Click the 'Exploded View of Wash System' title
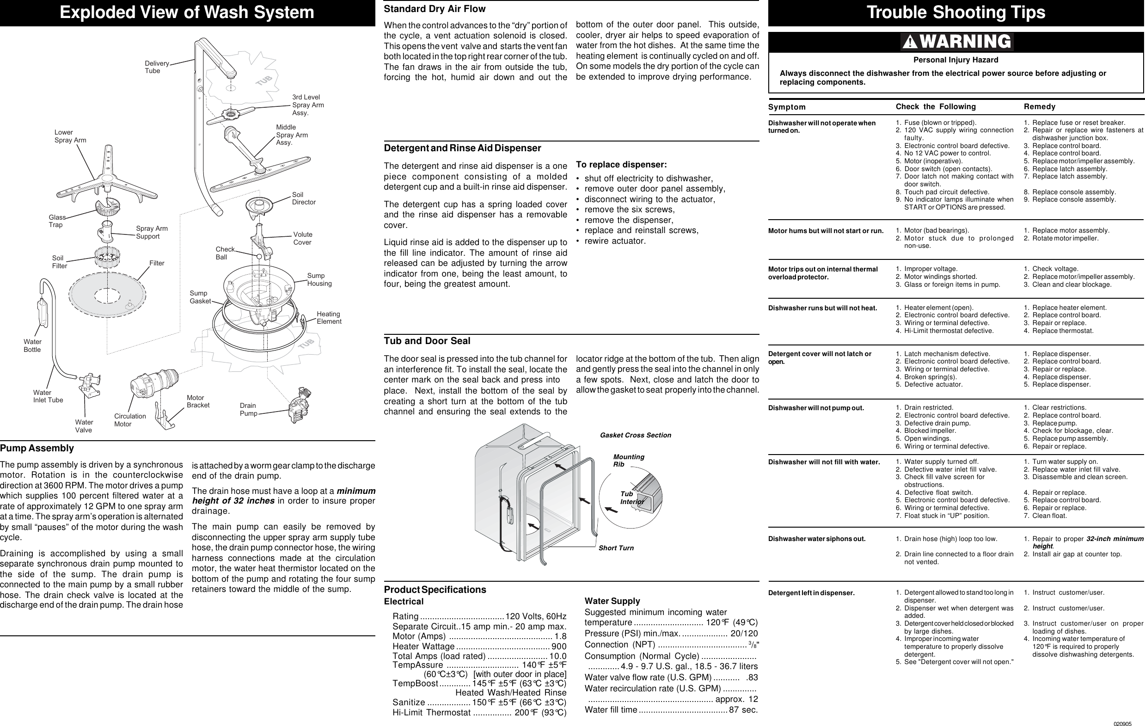186,12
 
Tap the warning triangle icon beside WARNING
910,43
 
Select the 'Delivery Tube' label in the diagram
156,67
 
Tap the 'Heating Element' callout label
329,318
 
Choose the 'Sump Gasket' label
200,297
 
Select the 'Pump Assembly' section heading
37,448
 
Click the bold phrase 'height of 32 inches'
233,501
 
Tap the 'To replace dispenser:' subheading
621,165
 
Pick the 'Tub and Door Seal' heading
427,341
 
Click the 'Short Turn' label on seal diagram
616,548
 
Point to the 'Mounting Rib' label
628,460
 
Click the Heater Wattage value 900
559,646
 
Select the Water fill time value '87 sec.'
743,710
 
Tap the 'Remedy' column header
1039,106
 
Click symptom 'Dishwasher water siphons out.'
816,539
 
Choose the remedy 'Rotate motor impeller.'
1065,238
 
